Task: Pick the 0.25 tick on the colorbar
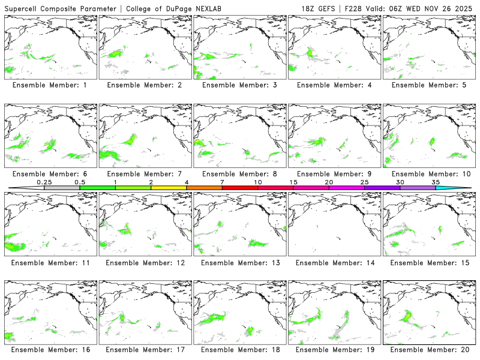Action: click(44, 182)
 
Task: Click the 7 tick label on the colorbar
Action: click(222, 182)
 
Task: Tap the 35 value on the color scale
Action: click(436, 182)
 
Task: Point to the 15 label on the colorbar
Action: click(293, 182)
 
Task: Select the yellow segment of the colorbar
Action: click(169, 188)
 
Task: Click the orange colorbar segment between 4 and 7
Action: click(204, 188)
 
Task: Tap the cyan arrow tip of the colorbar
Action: click(462, 188)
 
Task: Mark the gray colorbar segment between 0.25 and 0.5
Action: click(62, 188)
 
